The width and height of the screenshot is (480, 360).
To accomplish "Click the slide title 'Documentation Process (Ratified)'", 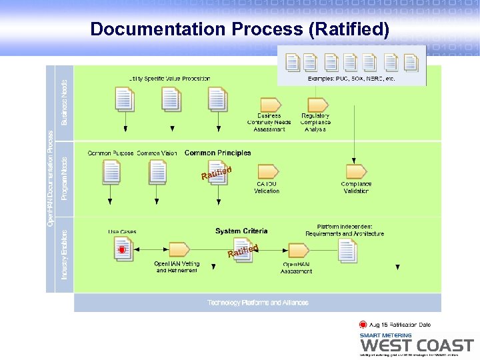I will click(x=239, y=29).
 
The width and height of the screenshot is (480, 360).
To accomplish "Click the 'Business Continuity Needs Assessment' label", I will click(x=269, y=122).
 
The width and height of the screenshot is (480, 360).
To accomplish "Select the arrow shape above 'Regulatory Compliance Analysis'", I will click(x=315, y=104).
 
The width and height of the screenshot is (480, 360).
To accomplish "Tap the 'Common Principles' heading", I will click(x=217, y=153).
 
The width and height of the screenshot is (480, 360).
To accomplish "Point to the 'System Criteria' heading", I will click(x=241, y=231).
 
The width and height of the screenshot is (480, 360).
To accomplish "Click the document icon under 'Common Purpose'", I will click(x=111, y=172).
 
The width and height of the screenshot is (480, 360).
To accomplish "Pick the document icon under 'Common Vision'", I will click(x=158, y=172).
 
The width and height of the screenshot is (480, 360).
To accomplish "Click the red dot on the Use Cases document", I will click(x=122, y=250).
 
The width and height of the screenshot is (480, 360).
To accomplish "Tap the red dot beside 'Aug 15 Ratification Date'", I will click(x=363, y=325).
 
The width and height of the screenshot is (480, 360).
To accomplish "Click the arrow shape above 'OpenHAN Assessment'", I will click(x=297, y=251).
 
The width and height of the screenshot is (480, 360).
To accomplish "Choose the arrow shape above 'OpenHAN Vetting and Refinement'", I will click(x=176, y=250).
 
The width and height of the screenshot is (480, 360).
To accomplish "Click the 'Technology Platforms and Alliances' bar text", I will click(x=257, y=303).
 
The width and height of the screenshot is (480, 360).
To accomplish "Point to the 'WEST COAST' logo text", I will click(x=417, y=345).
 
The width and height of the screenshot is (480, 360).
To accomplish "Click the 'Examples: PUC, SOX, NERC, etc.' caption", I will click(x=351, y=79).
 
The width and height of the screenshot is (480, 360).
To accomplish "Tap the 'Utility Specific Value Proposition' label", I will click(x=169, y=79).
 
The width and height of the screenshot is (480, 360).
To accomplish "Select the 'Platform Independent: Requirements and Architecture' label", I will click(x=345, y=230).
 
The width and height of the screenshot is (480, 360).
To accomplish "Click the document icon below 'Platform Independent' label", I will click(x=347, y=250).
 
